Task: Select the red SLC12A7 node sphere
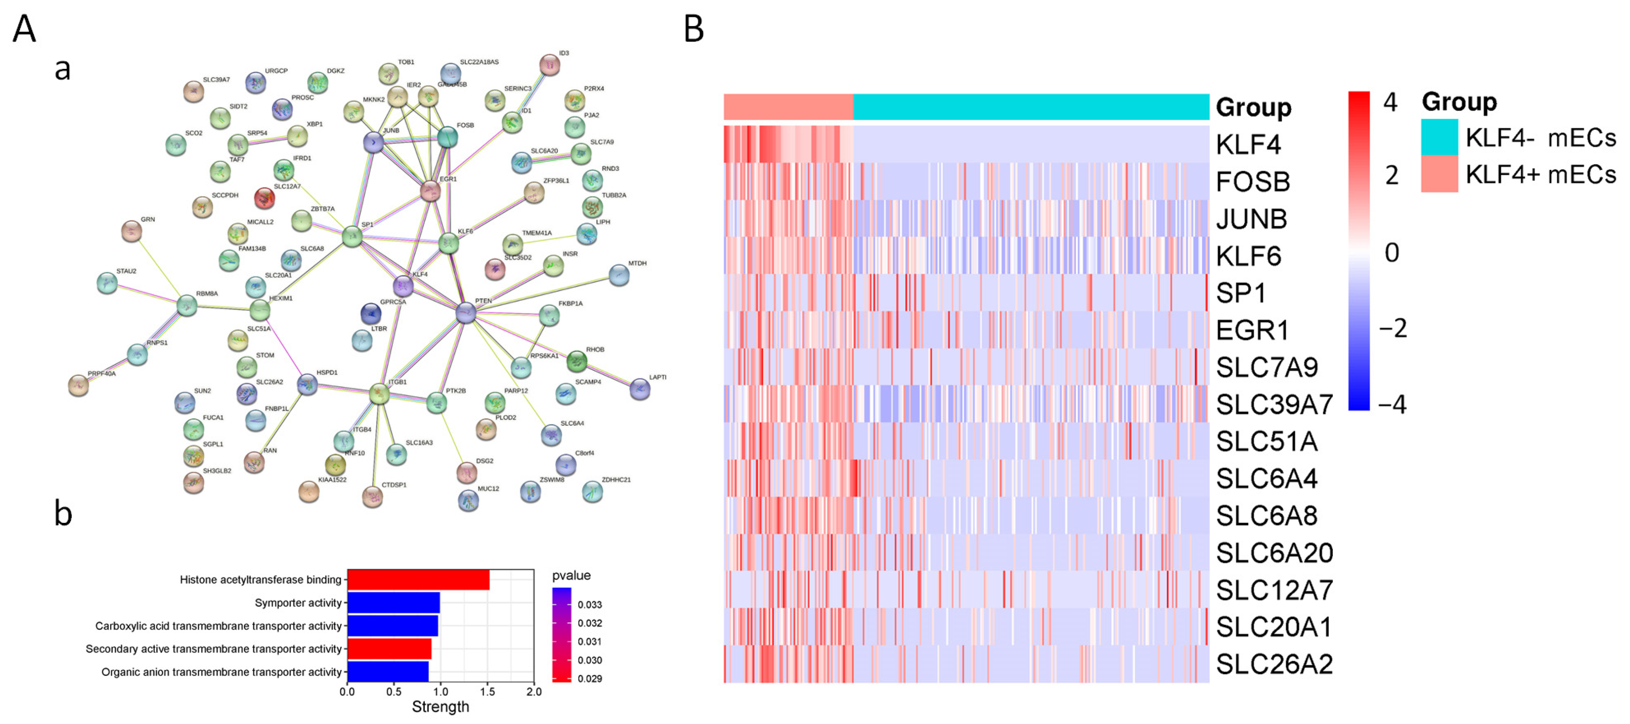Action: [x=264, y=198]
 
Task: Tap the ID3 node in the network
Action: [x=549, y=65]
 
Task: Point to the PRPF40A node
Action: [x=78, y=385]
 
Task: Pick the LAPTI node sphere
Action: [x=640, y=389]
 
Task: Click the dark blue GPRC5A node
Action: [x=371, y=313]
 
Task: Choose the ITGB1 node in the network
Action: [x=379, y=394]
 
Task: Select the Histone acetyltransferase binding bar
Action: [x=418, y=580]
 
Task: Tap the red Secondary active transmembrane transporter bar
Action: [x=389, y=649]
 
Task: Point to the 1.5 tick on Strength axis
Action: [x=487, y=692]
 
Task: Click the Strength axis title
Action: [x=441, y=707]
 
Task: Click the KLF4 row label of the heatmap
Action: [x=1248, y=145]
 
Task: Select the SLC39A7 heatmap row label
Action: [x=1274, y=404]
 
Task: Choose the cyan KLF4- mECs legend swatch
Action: [x=1439, y=137]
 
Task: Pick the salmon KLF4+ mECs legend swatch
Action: [x=1439, y=174]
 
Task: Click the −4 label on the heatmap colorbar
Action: [x=1393, y=404]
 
